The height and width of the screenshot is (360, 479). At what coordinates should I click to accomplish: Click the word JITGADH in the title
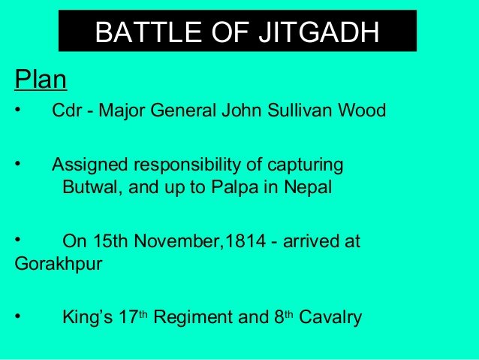(x=319, y=32)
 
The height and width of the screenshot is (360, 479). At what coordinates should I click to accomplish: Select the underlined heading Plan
(x=41, y=80)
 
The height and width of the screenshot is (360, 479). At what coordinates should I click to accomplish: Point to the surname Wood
(x=362, y=110)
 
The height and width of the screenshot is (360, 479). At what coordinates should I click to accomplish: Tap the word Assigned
(x=89, y=165)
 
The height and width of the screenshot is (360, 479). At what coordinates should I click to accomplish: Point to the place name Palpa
(x=235, y=187)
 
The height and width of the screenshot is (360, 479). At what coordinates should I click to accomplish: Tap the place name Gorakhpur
(x=59, y=264)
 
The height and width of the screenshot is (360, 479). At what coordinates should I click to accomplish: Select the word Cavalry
(x=330, y=317)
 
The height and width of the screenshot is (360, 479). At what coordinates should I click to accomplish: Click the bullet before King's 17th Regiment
(x=18, y=316)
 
